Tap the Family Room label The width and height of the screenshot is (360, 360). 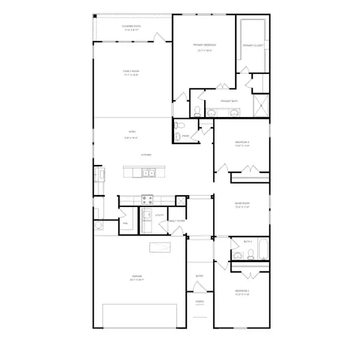point(131,71)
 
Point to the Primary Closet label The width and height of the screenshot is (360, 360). point(252,46)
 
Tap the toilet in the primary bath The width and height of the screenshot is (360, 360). point(197,110)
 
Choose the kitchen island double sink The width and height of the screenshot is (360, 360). point(148,173)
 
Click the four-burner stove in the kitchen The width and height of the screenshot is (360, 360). point(147,200)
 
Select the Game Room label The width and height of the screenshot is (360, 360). point(242,204)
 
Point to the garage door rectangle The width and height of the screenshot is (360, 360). point(140,315)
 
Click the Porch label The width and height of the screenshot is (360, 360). point(200,302)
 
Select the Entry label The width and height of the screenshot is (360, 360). point(200,276)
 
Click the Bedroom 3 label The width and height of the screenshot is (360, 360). point(242,142)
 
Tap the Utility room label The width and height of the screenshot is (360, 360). point(159,214)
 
